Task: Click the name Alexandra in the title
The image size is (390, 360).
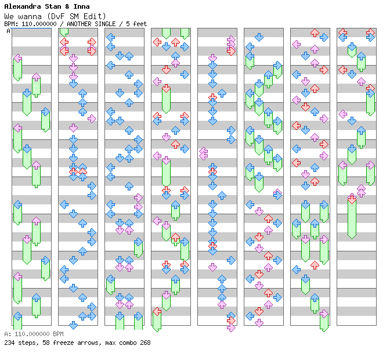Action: (x=21, y=6)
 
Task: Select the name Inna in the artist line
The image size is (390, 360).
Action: (x=80, y=6)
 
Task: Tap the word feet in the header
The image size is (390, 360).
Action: (x=140, y=24)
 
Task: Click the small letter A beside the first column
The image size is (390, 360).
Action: (x=8, y=31)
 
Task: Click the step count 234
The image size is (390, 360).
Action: (x=9, y=343)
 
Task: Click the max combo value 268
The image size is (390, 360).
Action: (x=145, y=343)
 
